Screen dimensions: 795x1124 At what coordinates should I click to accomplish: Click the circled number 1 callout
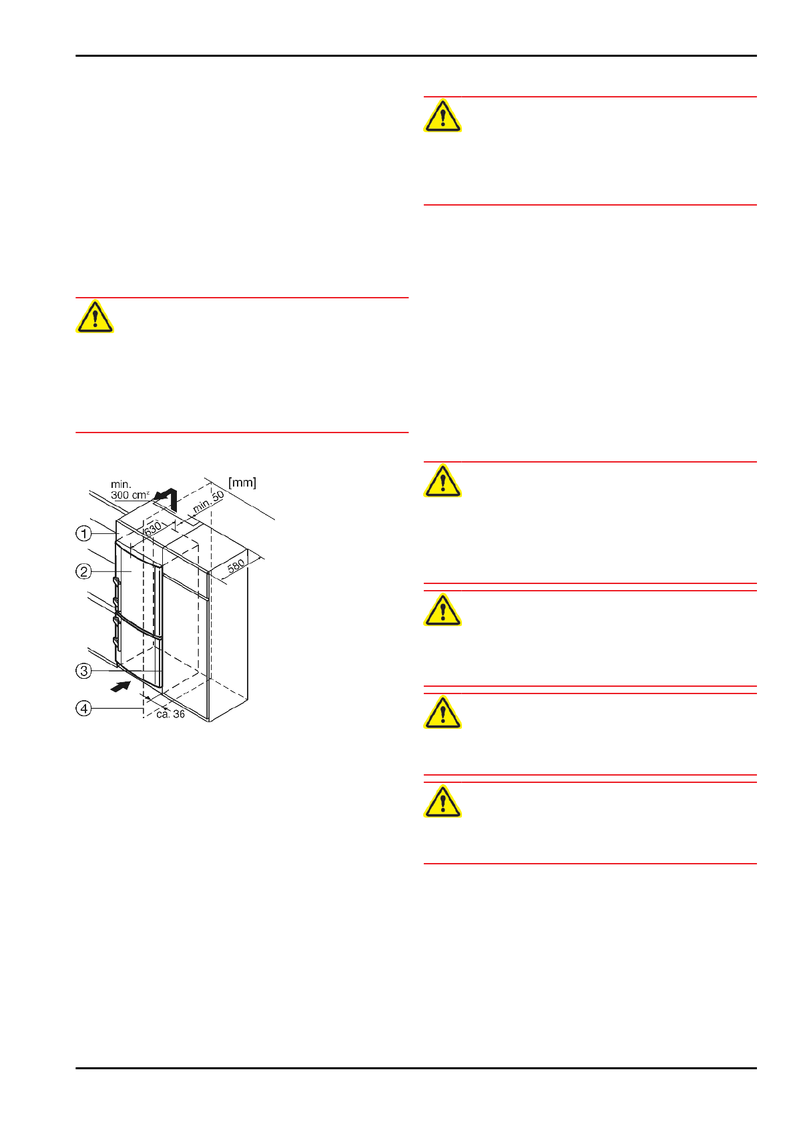83,533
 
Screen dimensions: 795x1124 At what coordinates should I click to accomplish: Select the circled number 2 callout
83,571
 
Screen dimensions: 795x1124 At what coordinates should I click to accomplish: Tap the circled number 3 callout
83,671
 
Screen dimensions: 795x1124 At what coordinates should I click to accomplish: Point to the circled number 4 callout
83,708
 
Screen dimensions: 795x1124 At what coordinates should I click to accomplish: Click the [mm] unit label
242,483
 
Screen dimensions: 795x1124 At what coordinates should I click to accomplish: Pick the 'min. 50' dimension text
209,502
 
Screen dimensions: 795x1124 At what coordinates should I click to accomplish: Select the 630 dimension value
153,528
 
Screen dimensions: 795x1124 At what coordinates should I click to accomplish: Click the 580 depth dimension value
236,565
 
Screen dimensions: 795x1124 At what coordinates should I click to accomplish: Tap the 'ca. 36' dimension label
170,714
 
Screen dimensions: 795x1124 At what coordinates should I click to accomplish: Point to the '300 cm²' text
130,495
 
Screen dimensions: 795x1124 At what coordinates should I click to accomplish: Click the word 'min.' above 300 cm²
121,485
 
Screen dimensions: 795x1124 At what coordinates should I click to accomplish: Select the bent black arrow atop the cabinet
167,497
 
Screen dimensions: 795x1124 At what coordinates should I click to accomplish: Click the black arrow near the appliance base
120,686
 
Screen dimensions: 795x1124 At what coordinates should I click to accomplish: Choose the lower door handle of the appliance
117,632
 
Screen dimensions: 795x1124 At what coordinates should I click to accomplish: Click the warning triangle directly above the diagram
95,317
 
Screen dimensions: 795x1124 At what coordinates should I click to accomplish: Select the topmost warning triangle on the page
443,115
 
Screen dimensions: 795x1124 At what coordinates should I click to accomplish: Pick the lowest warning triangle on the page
443,802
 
